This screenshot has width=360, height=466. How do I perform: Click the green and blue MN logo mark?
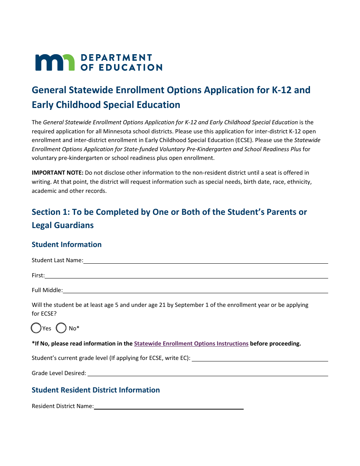tap(55, 63)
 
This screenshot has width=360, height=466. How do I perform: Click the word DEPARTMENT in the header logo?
tap(116, 58)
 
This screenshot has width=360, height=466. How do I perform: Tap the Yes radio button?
tap(36, 328)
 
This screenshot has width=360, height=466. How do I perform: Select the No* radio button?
tap(61, 328)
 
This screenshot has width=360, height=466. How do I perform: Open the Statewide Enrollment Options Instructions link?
tap(191, 344)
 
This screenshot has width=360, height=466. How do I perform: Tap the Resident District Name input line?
tap(169, 406)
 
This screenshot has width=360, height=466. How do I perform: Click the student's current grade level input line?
tap(260, 358)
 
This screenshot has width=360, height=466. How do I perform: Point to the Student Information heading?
tap(67, 244)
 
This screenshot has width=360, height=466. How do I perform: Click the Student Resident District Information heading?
tap(96, 390)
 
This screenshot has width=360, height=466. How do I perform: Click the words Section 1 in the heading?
tap(46, 212)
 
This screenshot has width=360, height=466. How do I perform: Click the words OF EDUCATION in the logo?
tap(122, 67)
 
